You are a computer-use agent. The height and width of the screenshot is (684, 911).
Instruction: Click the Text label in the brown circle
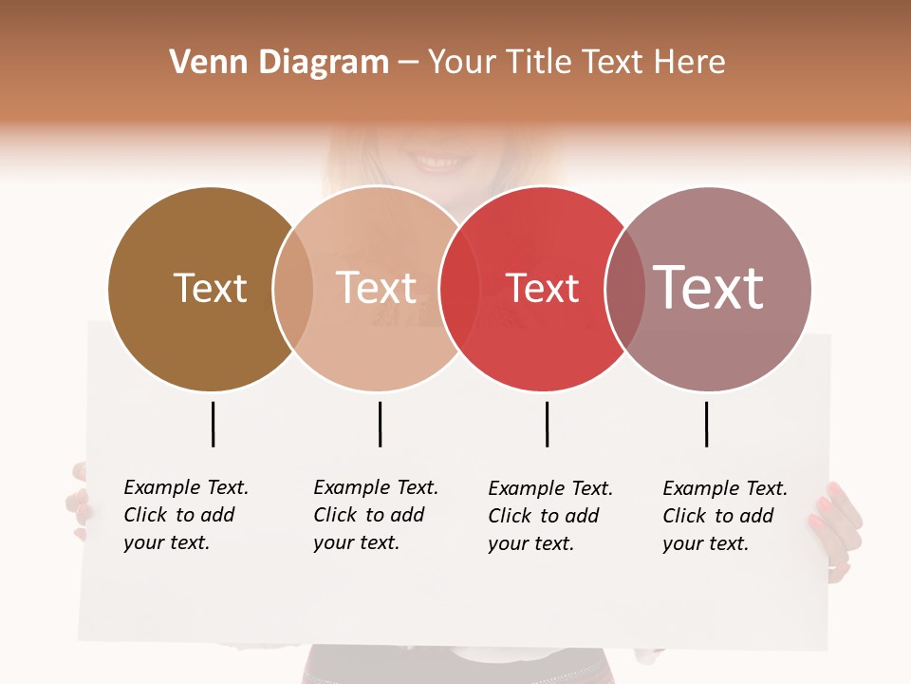210,289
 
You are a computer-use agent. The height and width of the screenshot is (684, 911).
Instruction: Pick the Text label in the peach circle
377,289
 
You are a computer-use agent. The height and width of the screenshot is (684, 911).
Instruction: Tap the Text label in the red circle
543,289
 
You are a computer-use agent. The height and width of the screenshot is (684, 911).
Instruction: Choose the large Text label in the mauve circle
709,288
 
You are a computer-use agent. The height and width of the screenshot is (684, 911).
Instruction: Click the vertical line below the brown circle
213,424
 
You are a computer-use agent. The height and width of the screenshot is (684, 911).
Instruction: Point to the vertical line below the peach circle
380,424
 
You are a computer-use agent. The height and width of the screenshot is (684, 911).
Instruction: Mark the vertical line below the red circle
547,424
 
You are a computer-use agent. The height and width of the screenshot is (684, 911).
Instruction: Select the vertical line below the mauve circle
706,424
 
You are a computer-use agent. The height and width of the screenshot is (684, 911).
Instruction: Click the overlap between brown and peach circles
293,289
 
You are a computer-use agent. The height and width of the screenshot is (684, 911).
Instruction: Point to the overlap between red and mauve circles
624,289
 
